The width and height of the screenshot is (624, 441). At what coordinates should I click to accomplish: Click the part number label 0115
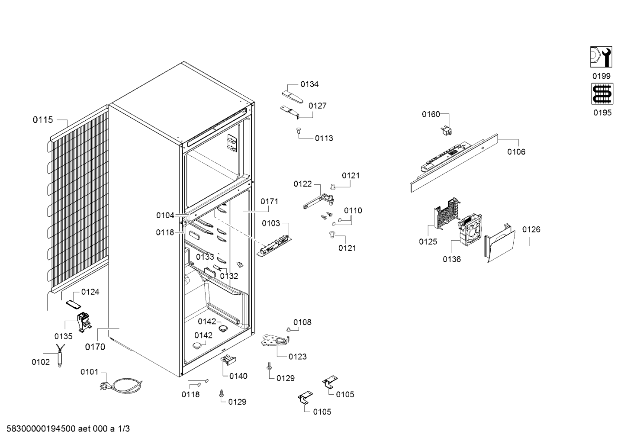[43, 120]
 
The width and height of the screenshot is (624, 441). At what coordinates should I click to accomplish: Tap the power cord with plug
[121, 384]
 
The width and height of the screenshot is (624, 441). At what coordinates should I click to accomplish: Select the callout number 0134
[309, 84]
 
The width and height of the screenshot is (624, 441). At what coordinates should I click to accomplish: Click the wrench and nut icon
[601, 57]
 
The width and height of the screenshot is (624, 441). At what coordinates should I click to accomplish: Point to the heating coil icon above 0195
[602, 93]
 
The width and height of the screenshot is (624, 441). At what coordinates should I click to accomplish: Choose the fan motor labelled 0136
[470, 230]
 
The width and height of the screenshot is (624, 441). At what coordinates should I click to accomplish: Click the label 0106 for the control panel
[516, 152]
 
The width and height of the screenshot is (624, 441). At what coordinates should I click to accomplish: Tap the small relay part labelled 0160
[446, 131]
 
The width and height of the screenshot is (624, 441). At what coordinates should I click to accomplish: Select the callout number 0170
[95, 347]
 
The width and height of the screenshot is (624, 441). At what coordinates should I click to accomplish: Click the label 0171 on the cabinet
[270, 201]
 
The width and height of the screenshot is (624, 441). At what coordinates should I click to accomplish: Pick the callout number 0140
[238, 376]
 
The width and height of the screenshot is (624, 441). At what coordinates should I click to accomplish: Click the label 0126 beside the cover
[531, 229]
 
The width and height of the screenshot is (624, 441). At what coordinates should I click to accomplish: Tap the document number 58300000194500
[41, 428]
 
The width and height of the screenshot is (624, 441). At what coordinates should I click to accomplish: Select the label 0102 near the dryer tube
[41, 362]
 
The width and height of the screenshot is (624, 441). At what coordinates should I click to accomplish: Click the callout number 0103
[271, 223]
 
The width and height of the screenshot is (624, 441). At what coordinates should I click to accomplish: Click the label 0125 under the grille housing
[428, 241]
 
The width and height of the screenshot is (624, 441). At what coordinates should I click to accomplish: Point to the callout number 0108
[302, 322]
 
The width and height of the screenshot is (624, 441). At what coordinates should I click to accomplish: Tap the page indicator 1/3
[124, 428]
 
